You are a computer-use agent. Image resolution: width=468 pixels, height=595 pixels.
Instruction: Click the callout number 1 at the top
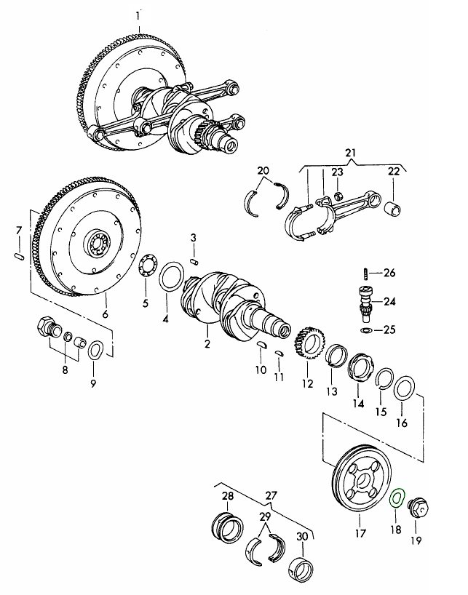coord(139,15)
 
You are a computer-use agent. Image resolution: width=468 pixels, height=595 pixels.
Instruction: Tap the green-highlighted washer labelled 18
coord(397,498)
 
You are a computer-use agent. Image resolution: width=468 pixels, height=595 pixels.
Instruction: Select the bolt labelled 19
coord(420,507)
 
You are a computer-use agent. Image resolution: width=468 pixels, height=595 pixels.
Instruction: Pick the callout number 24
coord(389,301)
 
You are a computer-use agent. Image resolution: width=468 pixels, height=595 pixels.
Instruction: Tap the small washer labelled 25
coord(365,330)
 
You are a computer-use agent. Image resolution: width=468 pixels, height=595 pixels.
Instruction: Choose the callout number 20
coord(263,172)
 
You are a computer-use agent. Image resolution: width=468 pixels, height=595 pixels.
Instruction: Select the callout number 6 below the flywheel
coord(105,314)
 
